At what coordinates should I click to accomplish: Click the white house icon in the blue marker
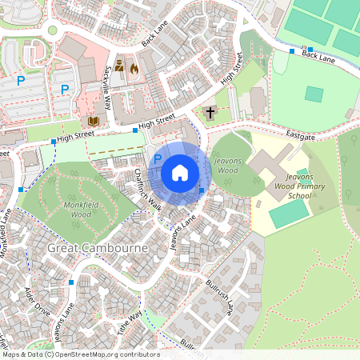click(180, 173)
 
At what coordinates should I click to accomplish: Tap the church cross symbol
click(210, 112)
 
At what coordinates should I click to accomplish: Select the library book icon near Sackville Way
click(93, 120)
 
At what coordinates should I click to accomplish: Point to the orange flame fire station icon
click(134, 68)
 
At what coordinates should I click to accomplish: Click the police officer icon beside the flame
click(119, 66)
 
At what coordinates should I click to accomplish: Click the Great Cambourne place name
click(98, 249)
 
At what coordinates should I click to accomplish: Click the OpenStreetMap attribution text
click(80, 354)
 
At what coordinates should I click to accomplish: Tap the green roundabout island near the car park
click(53, 30)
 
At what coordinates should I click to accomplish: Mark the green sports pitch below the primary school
click(288, 212)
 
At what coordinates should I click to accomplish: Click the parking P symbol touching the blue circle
click(158, 159)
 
